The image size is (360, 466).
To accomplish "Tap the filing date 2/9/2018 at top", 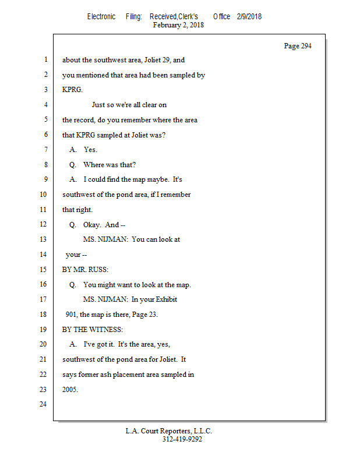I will pos(249,16).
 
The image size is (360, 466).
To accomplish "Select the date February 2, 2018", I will pos(178,25).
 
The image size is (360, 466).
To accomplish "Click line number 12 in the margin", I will pos(44,225).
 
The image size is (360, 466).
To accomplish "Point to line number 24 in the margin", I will pos(44,404).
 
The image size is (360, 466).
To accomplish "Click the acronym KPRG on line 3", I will pos(73,90).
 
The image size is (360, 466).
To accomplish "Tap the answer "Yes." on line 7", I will pos(90,150).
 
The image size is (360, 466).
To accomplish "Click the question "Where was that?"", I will pos(110,165).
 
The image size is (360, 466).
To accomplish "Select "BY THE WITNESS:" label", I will pos(93,330).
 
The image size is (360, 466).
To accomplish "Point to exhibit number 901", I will pos(72,315).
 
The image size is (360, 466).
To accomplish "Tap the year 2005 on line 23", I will pos(70,390).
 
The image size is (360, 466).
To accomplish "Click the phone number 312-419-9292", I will pos(182,439).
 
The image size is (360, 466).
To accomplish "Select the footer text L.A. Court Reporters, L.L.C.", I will pos(169,431).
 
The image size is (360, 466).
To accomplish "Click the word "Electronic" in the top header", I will pos(101,16).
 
